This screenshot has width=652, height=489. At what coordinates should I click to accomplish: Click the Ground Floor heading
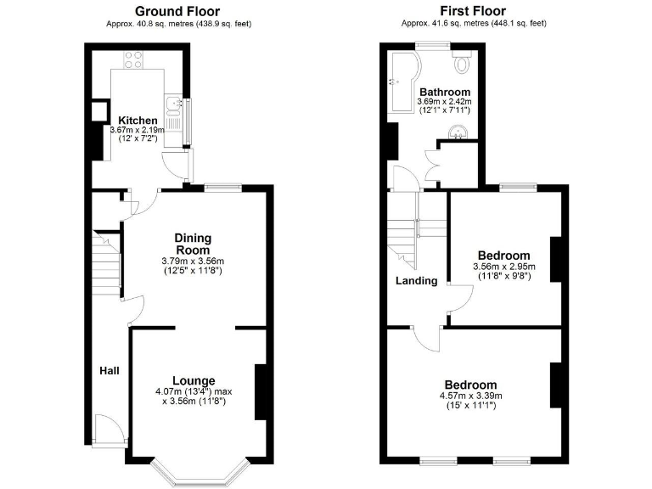(x=179, y=11)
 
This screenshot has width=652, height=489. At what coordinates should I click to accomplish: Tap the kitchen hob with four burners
(x=133, y=59)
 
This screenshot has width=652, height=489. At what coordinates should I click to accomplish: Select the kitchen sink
(x=173, y=105)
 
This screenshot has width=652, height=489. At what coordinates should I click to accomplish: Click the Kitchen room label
(x=137, y=121)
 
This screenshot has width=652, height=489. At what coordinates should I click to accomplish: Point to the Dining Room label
(x=193, y=244)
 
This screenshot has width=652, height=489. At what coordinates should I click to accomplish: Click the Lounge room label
(x=194, y=379)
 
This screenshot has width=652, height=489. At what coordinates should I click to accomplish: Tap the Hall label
(x=109, y=371)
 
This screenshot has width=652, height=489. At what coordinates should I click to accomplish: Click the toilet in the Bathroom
(x=463, y=62)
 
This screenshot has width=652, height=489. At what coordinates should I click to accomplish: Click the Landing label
(x=416, y=281)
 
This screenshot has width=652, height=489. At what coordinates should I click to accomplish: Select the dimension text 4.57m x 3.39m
(x=471, y=396)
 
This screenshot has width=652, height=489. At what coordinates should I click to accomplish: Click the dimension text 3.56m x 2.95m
(x=503, y=267)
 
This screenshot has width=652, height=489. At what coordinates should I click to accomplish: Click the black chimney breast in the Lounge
(x=261, y=391)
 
